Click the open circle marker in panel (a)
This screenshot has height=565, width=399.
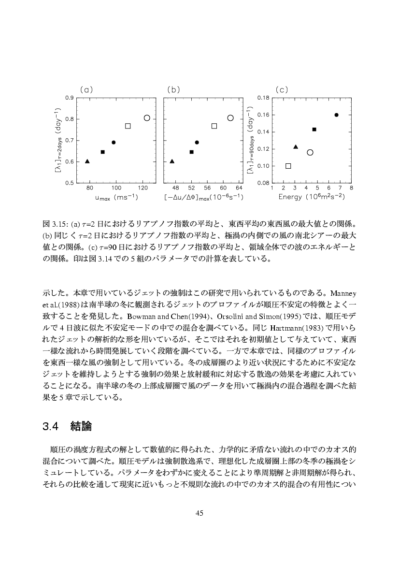(147, 118)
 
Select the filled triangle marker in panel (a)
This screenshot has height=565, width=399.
(87, 161)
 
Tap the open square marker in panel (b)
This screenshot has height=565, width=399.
(214, 126)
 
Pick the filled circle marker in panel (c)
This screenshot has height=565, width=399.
(336, 115)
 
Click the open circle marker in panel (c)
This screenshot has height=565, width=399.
(310, 152)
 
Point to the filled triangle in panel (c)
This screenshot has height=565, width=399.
(296, 147)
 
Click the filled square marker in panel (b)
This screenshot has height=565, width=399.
(192, 152)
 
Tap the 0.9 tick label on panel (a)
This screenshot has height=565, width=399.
(70, 98)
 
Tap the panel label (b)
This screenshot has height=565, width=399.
(173, 89)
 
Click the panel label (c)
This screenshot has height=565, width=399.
(282, 89)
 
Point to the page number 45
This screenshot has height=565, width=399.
(199, 513)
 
